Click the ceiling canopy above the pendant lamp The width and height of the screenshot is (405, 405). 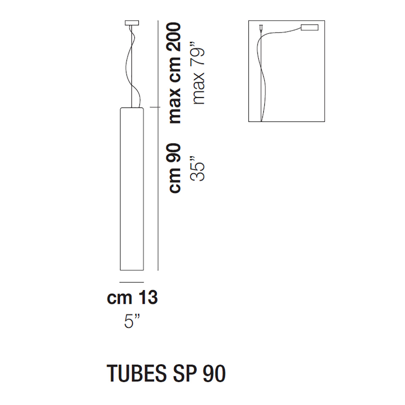132,23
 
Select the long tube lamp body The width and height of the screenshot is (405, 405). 132,189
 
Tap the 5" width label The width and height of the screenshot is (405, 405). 132,321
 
